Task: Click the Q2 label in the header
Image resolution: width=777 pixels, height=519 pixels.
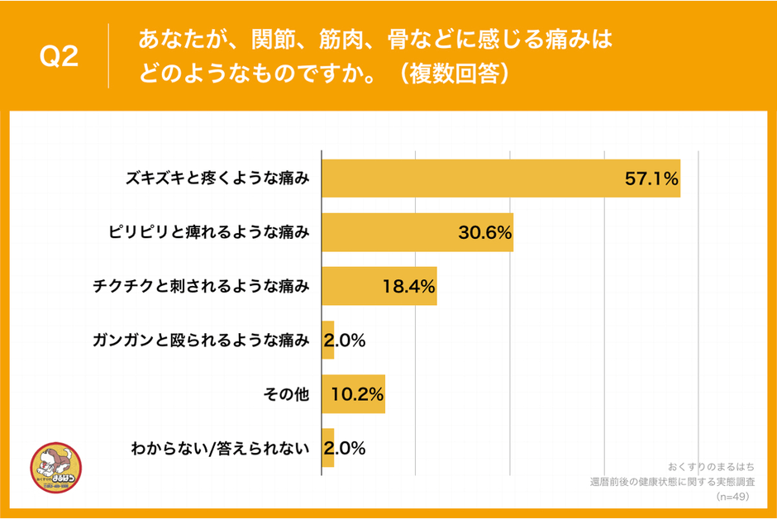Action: (60, 57)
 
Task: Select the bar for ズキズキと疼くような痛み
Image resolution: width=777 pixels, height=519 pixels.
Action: (500, 179)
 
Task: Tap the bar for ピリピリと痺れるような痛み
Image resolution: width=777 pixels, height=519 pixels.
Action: (417, 232)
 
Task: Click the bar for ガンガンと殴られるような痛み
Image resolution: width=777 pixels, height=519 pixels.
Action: (327, 340)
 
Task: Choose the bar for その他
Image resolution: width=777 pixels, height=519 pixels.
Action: (353, 394)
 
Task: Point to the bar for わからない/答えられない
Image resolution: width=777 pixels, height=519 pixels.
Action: (327, 448)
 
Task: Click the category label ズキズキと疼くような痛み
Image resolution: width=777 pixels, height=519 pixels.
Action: (217, 179)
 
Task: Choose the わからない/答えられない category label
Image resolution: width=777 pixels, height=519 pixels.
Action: (220, 449)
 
